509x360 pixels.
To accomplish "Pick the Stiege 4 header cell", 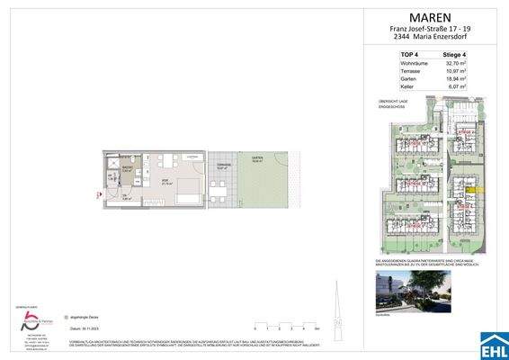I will click(470, 56).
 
